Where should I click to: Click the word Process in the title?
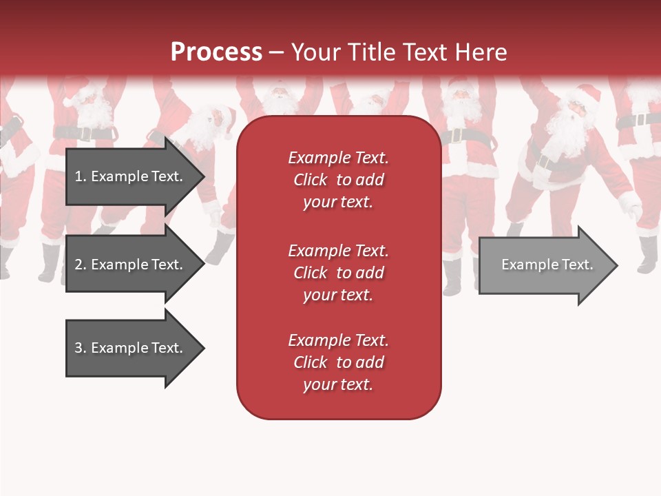click(216, 52)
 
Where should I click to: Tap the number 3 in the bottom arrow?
click(78, 348)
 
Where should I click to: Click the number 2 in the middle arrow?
click(78, 265)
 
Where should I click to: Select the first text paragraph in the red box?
click(338, 180)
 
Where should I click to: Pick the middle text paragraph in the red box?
click(338, 273)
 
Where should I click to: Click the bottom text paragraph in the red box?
click(338, 362)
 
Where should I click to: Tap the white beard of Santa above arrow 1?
click(96, 110)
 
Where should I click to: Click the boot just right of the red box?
click(452, 276)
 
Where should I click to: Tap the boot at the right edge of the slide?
click(647, 255)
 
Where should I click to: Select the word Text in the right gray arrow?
click(578, 265)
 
